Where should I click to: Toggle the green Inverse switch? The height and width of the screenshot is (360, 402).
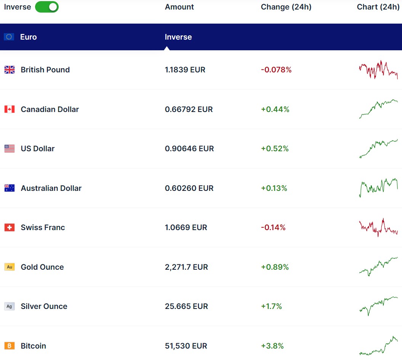click(47, 7)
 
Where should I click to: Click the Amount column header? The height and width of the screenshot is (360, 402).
click(179, 7)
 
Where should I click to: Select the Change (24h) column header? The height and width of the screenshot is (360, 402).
click(286, 7)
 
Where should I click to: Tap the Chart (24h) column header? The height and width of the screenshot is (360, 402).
click(378, 7)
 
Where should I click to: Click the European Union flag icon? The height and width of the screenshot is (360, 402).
click(9, 37)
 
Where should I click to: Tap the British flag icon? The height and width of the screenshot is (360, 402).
click(10, 70)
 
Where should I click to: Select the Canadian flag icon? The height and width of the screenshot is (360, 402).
click(10, 109)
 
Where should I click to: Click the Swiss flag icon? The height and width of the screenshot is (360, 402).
click(10, 227)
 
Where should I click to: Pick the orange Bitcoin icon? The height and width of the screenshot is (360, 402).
click(10, 346)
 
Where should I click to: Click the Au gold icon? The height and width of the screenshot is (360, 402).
click(10, 267)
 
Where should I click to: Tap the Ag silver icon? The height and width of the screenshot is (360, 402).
click(10, 306)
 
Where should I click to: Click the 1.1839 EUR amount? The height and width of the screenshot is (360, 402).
click(185, 70)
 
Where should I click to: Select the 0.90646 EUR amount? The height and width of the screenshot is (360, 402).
click(189, 149)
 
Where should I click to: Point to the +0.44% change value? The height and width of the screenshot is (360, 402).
click(275, 109)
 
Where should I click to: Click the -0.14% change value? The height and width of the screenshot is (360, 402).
click(273, 227)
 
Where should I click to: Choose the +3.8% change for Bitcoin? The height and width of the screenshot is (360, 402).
click(272, 346)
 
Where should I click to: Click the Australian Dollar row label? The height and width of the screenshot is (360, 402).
click(51, 188)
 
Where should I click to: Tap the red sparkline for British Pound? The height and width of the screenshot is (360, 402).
click(378, 70)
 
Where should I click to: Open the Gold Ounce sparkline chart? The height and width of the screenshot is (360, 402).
click(378, 266)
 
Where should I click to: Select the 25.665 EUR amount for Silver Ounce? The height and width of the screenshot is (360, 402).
click(186, 306)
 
